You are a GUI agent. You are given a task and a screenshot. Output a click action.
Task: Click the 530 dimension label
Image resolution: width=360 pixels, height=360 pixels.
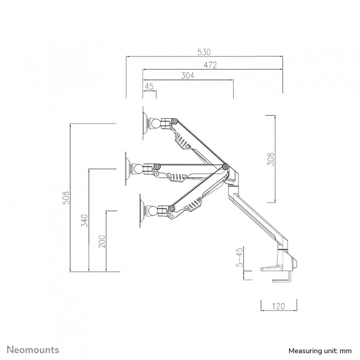pyautogui.click(x=204, y=52)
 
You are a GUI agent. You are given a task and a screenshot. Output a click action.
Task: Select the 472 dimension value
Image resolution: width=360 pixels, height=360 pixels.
pyautogui.click(x=210, y=65)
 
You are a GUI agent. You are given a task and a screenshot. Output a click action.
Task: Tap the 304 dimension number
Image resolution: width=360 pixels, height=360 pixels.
pyautogui.click(x=188, y=75)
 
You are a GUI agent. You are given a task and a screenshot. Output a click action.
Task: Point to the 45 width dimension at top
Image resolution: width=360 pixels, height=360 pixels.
pyautogui.click(x=149, y=86)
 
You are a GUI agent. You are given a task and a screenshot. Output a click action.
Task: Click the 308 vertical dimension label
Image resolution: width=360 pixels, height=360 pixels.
pyautogui.click(x=271, y=159)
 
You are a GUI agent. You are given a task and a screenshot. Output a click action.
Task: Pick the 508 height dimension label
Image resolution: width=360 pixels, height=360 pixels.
pyautogui.click(x=66, y=198)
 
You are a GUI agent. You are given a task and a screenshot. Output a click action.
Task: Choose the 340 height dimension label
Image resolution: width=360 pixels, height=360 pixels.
pyautogui.click(x=85, y=221)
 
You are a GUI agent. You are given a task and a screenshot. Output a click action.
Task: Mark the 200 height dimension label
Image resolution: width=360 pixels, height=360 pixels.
pyautogui.click(x=102, y=241)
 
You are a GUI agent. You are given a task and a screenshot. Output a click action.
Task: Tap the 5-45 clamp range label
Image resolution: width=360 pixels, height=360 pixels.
pyautogui.click(x=239, y=257)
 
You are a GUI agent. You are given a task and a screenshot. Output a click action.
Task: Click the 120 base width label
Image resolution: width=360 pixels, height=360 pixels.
pyautogui.click(x=278, y=306)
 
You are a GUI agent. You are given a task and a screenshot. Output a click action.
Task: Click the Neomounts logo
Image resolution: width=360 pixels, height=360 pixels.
pyautogui.click(x=33, y=350)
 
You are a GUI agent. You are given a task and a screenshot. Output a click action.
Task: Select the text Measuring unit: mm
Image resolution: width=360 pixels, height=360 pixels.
pyautogui.click(x=320, y=351)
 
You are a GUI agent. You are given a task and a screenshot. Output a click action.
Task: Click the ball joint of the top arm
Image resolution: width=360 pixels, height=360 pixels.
pyautogui.click(x=156, y=124)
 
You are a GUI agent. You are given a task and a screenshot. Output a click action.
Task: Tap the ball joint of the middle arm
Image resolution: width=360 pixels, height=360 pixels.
pyautogui.click(x=139, y=169)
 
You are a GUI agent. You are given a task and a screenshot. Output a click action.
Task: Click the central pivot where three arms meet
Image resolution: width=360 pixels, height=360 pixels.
pyautogui.click(x=225, y=166)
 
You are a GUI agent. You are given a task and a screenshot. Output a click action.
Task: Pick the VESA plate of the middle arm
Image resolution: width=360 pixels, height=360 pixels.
pyautogui.click(x=127, y=169)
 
